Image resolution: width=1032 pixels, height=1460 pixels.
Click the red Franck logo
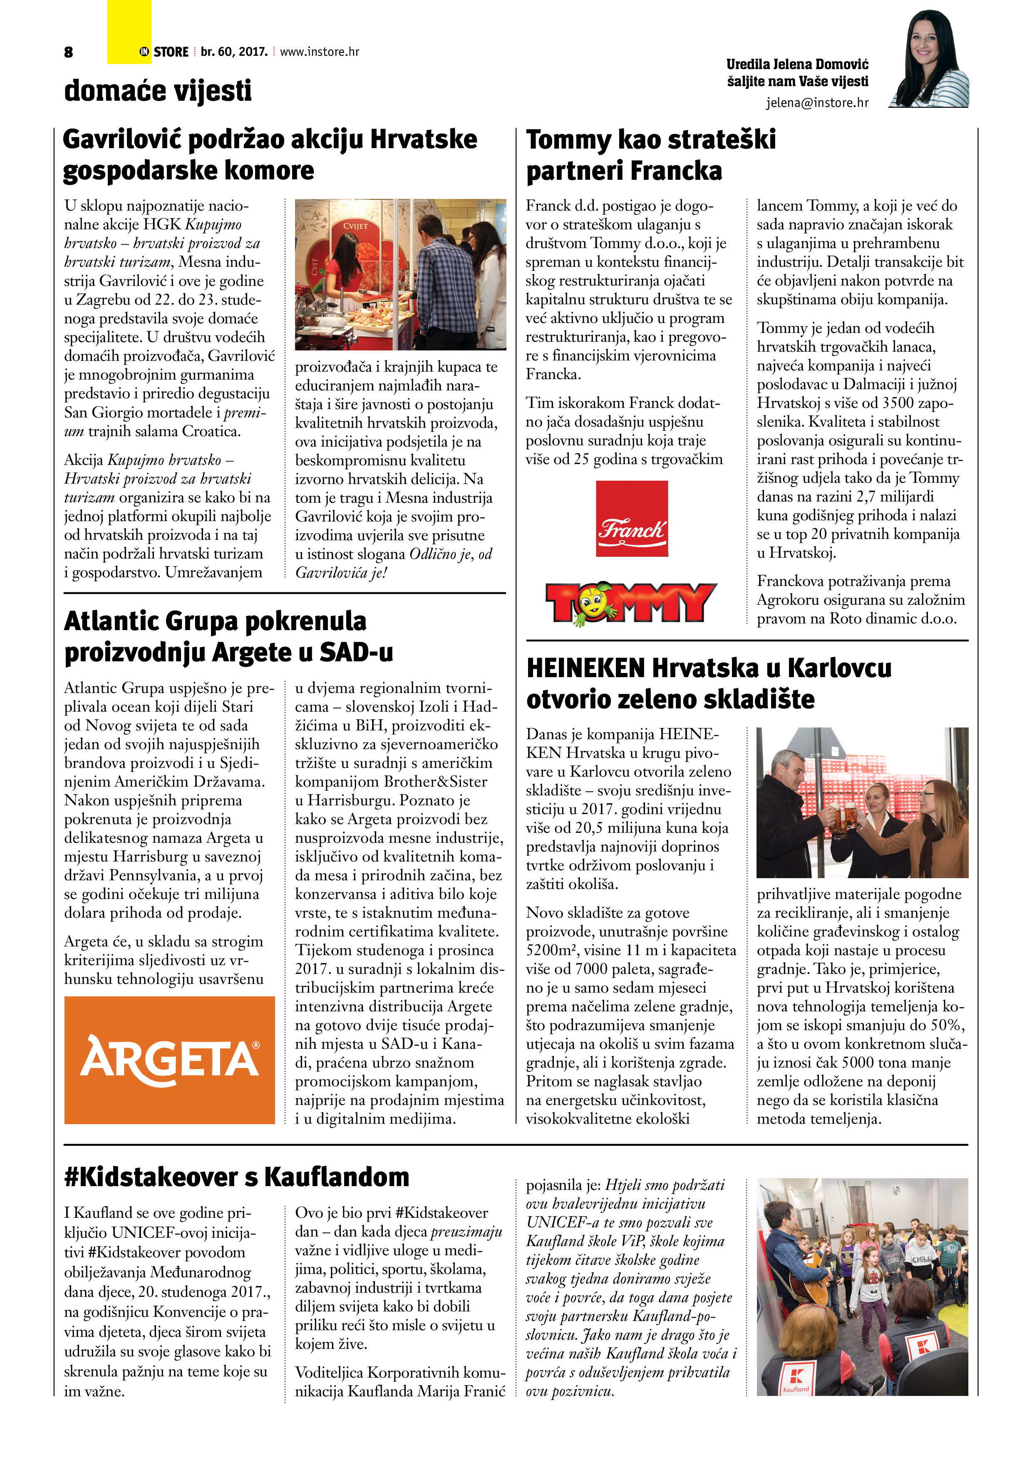click(x=631, y=518)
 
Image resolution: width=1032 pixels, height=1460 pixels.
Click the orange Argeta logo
click(x=169, y=1059)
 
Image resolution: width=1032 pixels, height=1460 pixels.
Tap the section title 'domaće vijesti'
click(x=158, y=90)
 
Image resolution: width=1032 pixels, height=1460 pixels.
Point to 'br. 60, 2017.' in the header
click(x=233, y=52)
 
